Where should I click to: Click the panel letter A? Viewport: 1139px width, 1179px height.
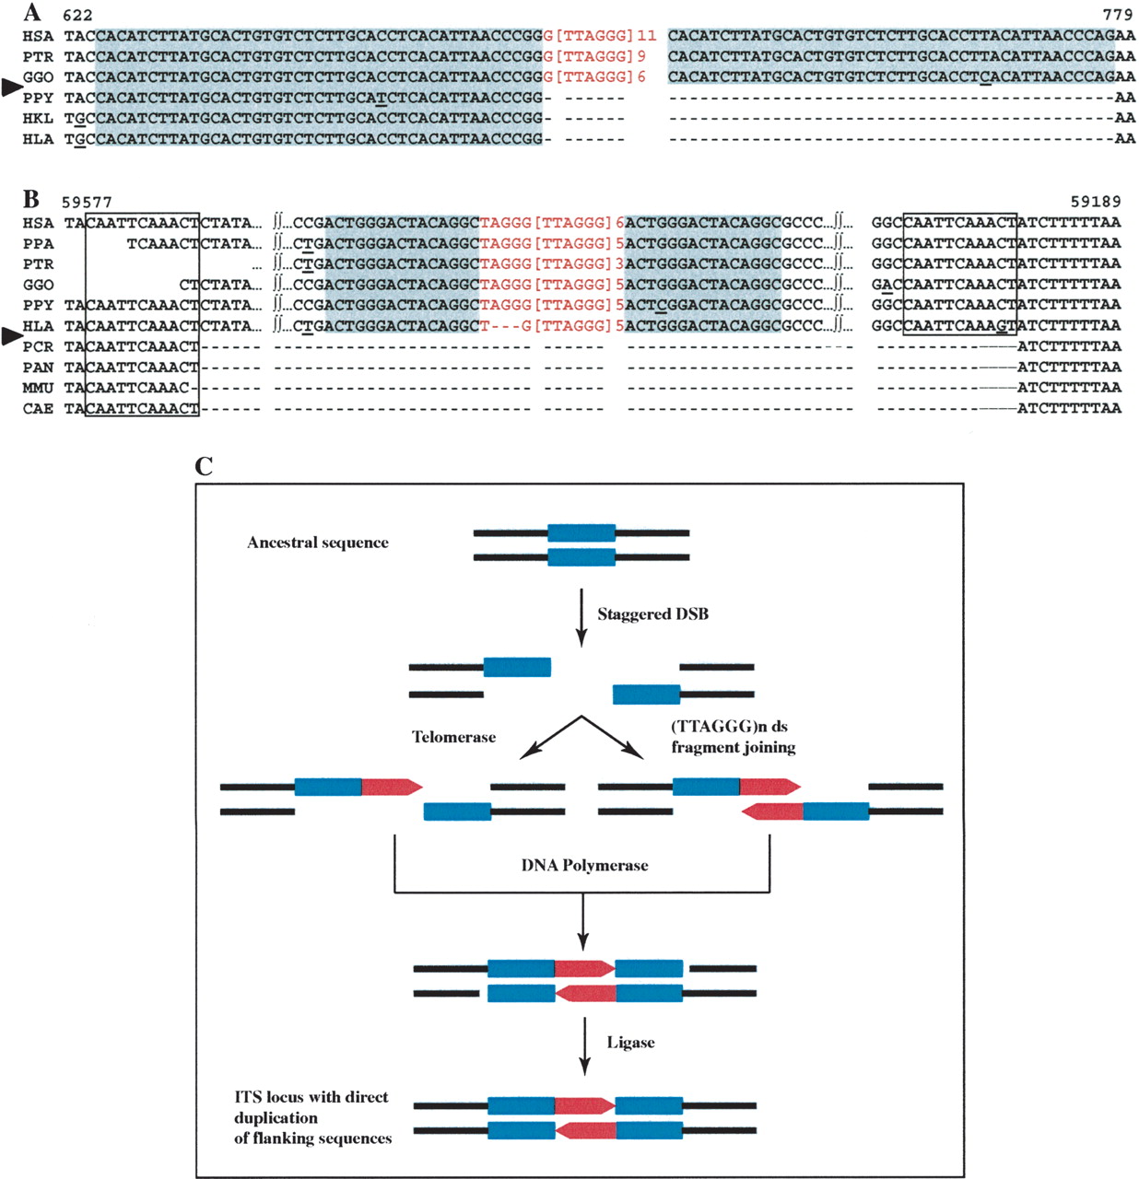[31, 11]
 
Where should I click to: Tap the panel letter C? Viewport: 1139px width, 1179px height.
[204, 465]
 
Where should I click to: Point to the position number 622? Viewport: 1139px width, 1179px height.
[77, 15]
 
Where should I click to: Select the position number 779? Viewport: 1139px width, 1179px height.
[1118, 14]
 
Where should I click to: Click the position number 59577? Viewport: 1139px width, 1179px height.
[87, 201]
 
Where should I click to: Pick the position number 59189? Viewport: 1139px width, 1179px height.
[1096, 201]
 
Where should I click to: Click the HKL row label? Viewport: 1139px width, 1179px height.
[38, 118]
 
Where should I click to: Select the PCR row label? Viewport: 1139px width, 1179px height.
[38, 346]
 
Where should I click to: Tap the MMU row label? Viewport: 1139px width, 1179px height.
[38, 388]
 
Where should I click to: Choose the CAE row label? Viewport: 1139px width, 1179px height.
[38, 408]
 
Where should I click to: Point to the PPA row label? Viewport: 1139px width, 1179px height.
[38, 243]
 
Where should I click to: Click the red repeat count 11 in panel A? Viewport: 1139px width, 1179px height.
[646, 36]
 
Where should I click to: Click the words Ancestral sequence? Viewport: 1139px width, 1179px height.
[318, 543]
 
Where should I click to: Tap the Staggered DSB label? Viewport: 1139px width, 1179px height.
[652, 614]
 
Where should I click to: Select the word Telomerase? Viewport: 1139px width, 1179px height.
[453, 737]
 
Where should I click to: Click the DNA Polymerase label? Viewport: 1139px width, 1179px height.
[584, 865]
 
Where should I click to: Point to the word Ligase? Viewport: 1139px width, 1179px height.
[630, 1042]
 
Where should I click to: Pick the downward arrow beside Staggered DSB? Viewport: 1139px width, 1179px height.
[581, 617]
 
